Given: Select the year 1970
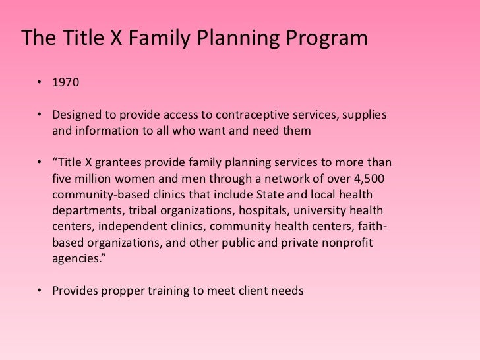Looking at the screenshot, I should [x=66, y=84].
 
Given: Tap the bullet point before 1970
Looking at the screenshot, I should [x=41, y=84].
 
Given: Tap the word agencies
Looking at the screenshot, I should [x=77, y=259].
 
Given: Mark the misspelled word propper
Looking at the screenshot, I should [x=123, y=291].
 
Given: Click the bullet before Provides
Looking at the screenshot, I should [x=41, y=291].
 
